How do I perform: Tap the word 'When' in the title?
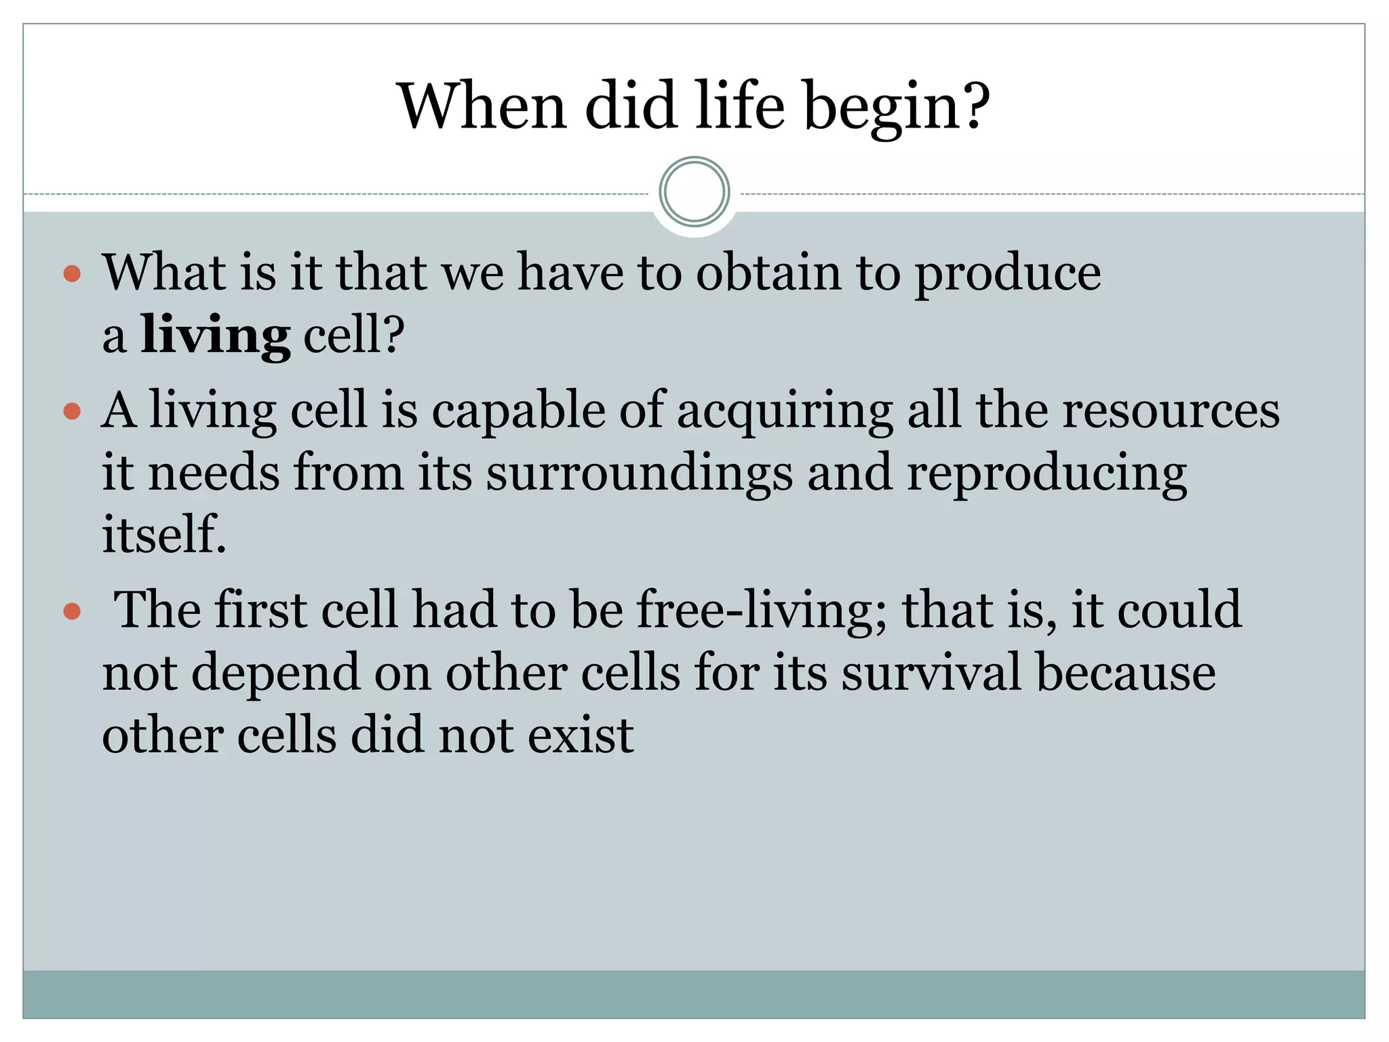click(482, 107)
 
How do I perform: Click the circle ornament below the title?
click(694, 192)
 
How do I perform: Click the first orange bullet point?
click(72, 274)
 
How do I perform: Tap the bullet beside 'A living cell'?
click(72, 412)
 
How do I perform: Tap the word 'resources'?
click(1170, 411)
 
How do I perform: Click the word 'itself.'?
click(163, 535)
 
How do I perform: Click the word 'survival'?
click(931, 673)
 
